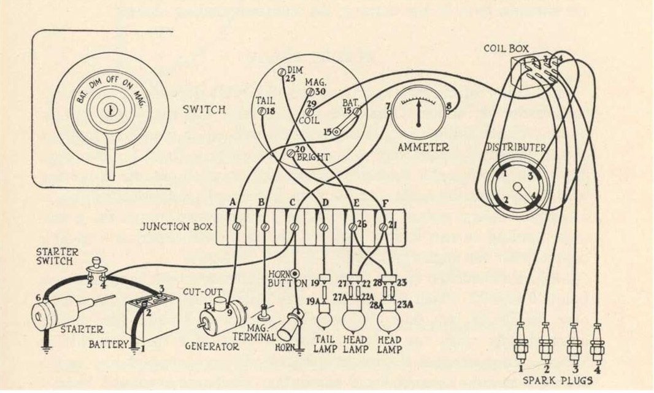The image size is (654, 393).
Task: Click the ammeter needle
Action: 418,114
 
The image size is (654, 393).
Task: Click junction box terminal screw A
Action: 236,227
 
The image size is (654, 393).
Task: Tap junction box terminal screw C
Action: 294,227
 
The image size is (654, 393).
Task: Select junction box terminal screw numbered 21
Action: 383,227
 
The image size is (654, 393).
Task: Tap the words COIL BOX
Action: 506,47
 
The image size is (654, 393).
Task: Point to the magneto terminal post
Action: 264,313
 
